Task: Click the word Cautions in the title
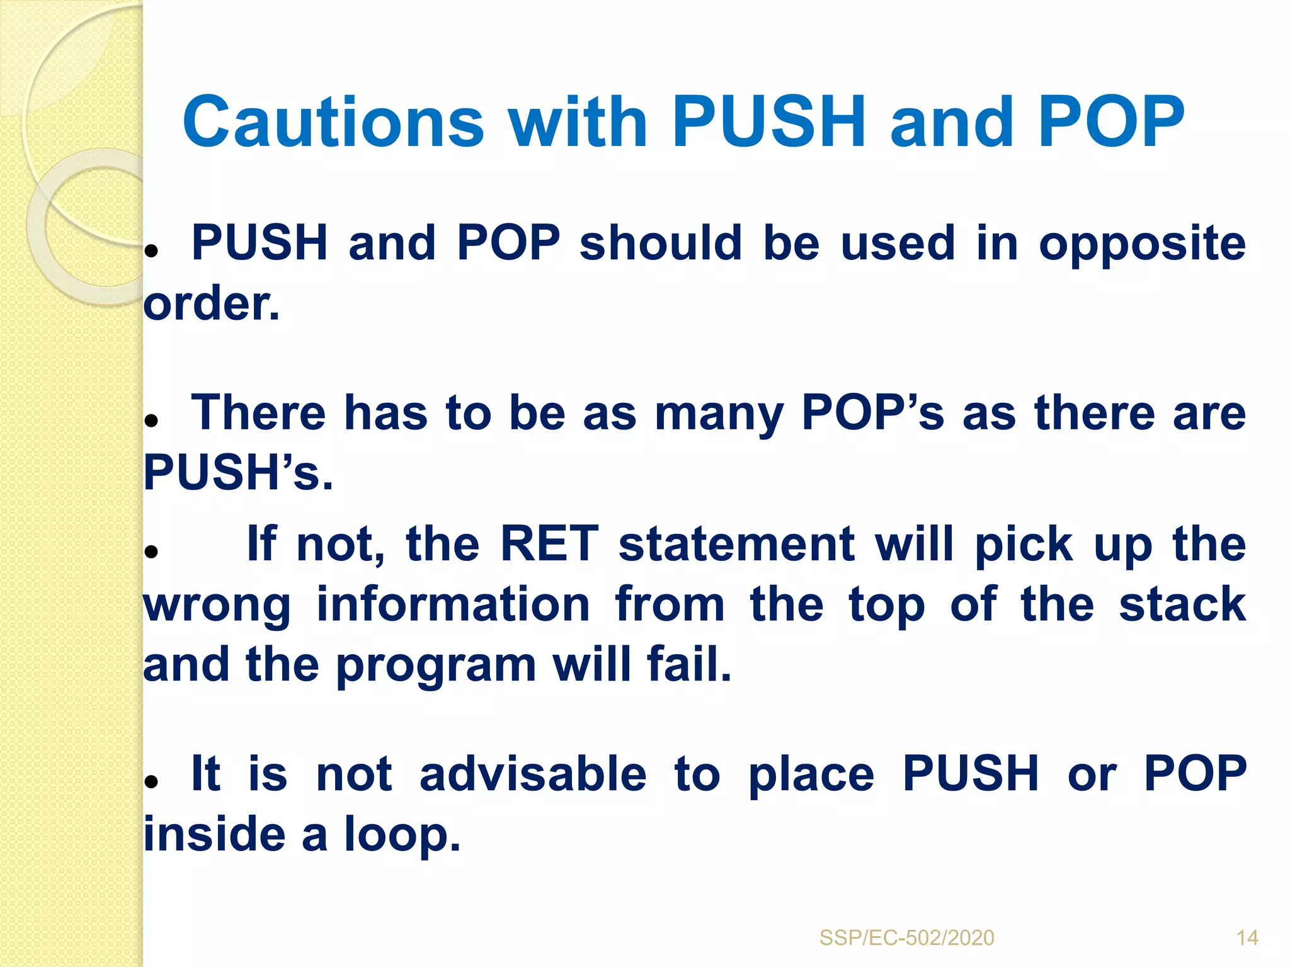coord(333,122)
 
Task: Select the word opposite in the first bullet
coord(1142,244)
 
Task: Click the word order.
coord(211,305)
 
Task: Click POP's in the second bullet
coord(872,414)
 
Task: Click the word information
coord(453,604)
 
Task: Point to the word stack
coord(1182,604)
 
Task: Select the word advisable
coord(533,774)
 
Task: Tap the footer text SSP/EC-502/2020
coord(906,938)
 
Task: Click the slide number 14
coord(1247,938)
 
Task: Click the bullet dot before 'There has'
coord(151,421)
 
